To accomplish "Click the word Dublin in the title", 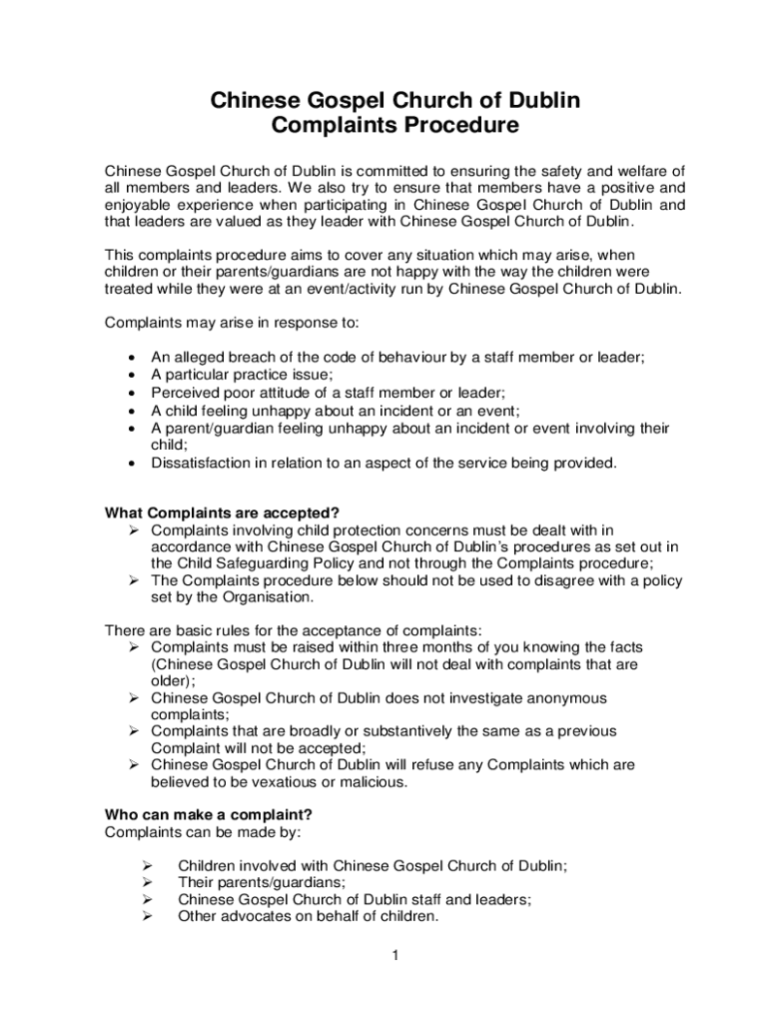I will pos(534,101).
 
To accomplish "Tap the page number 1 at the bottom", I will pos(395,956).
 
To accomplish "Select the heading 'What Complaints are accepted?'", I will pos(216,513).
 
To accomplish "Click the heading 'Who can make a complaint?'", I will pos(202,814).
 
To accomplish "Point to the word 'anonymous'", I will pos(558,698).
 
